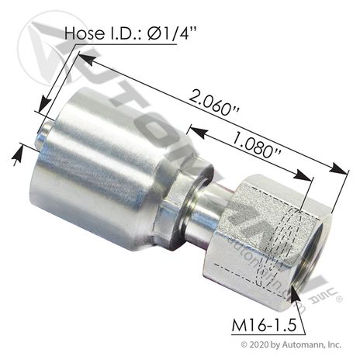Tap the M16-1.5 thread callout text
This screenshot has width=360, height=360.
[x=264, y=325]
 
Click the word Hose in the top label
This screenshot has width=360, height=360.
[x=85, y=33]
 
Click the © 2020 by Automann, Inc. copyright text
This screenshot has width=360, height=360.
[x=291, y=344]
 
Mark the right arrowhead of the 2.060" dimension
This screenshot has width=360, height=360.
[x=338, y=168]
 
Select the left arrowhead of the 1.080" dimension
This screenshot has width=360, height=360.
[x=199, y=130]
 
